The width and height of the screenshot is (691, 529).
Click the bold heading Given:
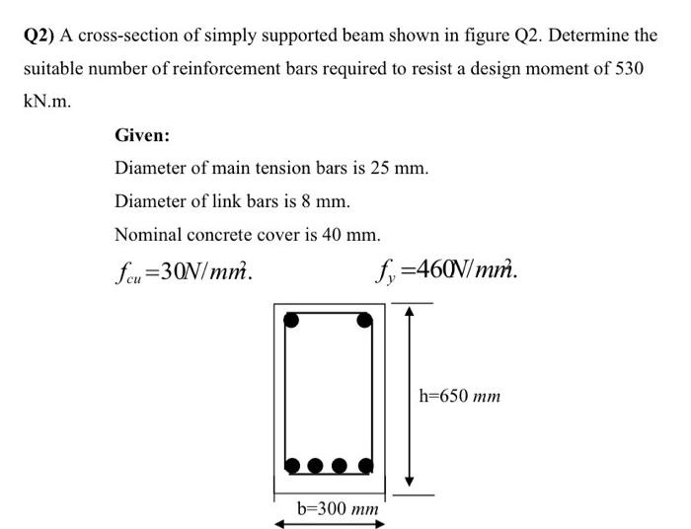(x=142, y=135)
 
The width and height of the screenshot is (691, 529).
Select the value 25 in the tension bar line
(x=380, y=168)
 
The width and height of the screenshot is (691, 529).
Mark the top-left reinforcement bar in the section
(x=291, y=320)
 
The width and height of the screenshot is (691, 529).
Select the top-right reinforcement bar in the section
(x=364, y=320)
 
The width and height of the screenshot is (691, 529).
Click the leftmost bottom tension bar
(x=292, y=465)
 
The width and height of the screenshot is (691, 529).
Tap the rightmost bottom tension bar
(x=364, y=465)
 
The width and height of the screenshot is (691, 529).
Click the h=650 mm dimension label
(x=459, y=397)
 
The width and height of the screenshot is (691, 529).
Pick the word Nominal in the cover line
(x=149, y=235)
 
